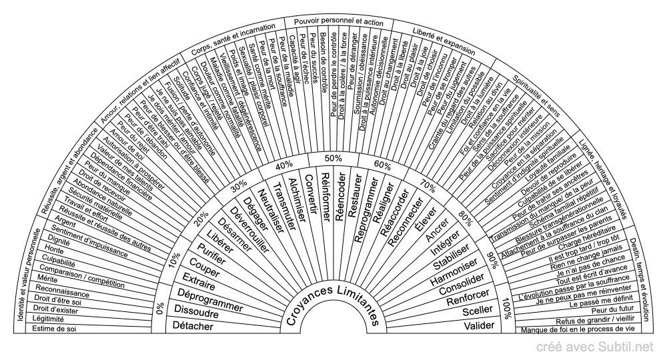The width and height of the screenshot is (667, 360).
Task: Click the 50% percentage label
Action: point(333,158)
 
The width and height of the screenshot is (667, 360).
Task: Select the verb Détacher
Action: point(193,326)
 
